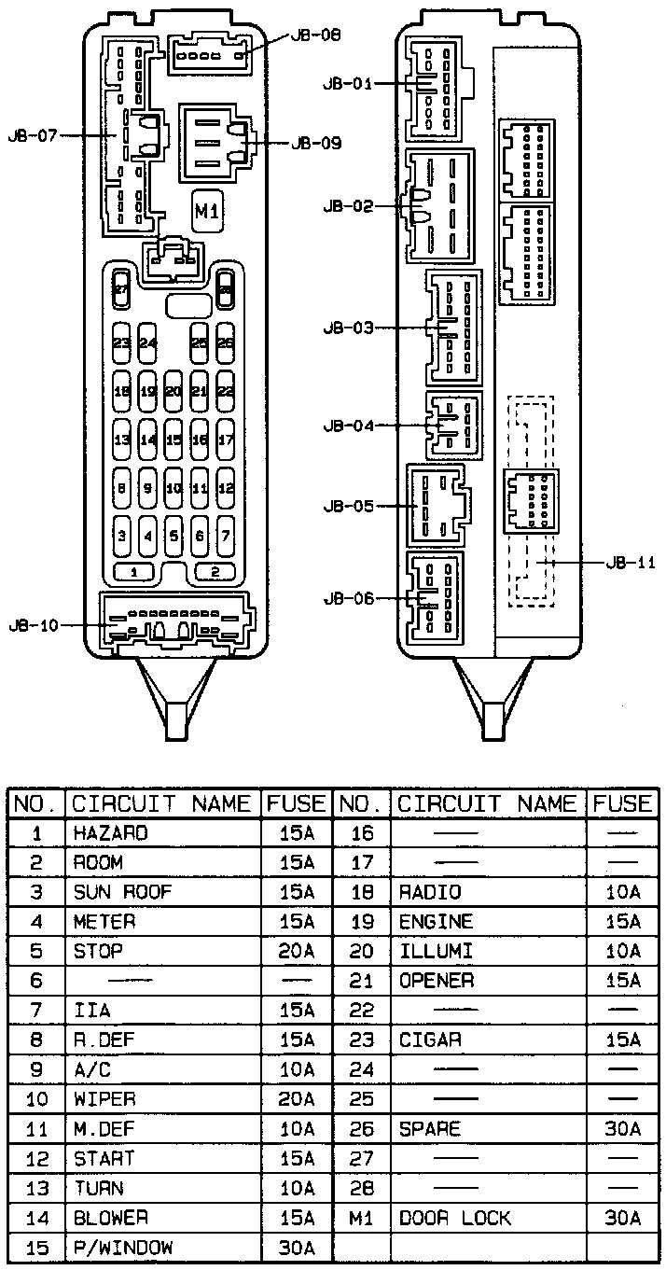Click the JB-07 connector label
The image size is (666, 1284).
pos(32,135)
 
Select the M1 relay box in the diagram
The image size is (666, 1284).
pos(207,213)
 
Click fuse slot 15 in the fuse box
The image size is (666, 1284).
pos(173,439)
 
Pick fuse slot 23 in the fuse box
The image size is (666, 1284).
pos(121,343)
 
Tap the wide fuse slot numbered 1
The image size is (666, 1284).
pos(135,571)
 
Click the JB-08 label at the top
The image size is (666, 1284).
pos(316,35)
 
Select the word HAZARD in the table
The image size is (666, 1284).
pos(110,832)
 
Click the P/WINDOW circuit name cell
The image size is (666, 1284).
pos(122,1248)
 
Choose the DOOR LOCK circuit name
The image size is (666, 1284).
pos(454,1218)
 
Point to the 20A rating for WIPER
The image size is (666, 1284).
pos(297,1099)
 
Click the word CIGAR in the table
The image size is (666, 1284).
pos(430,1040)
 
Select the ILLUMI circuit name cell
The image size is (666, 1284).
pos(436,951)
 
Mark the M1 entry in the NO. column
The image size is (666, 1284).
pos(361,1218)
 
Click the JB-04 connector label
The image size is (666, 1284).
pos(348,426)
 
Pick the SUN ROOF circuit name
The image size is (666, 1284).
pos(122,891)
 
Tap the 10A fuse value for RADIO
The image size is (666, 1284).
pos(622,891)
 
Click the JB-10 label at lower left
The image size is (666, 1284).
pos(32,624)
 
